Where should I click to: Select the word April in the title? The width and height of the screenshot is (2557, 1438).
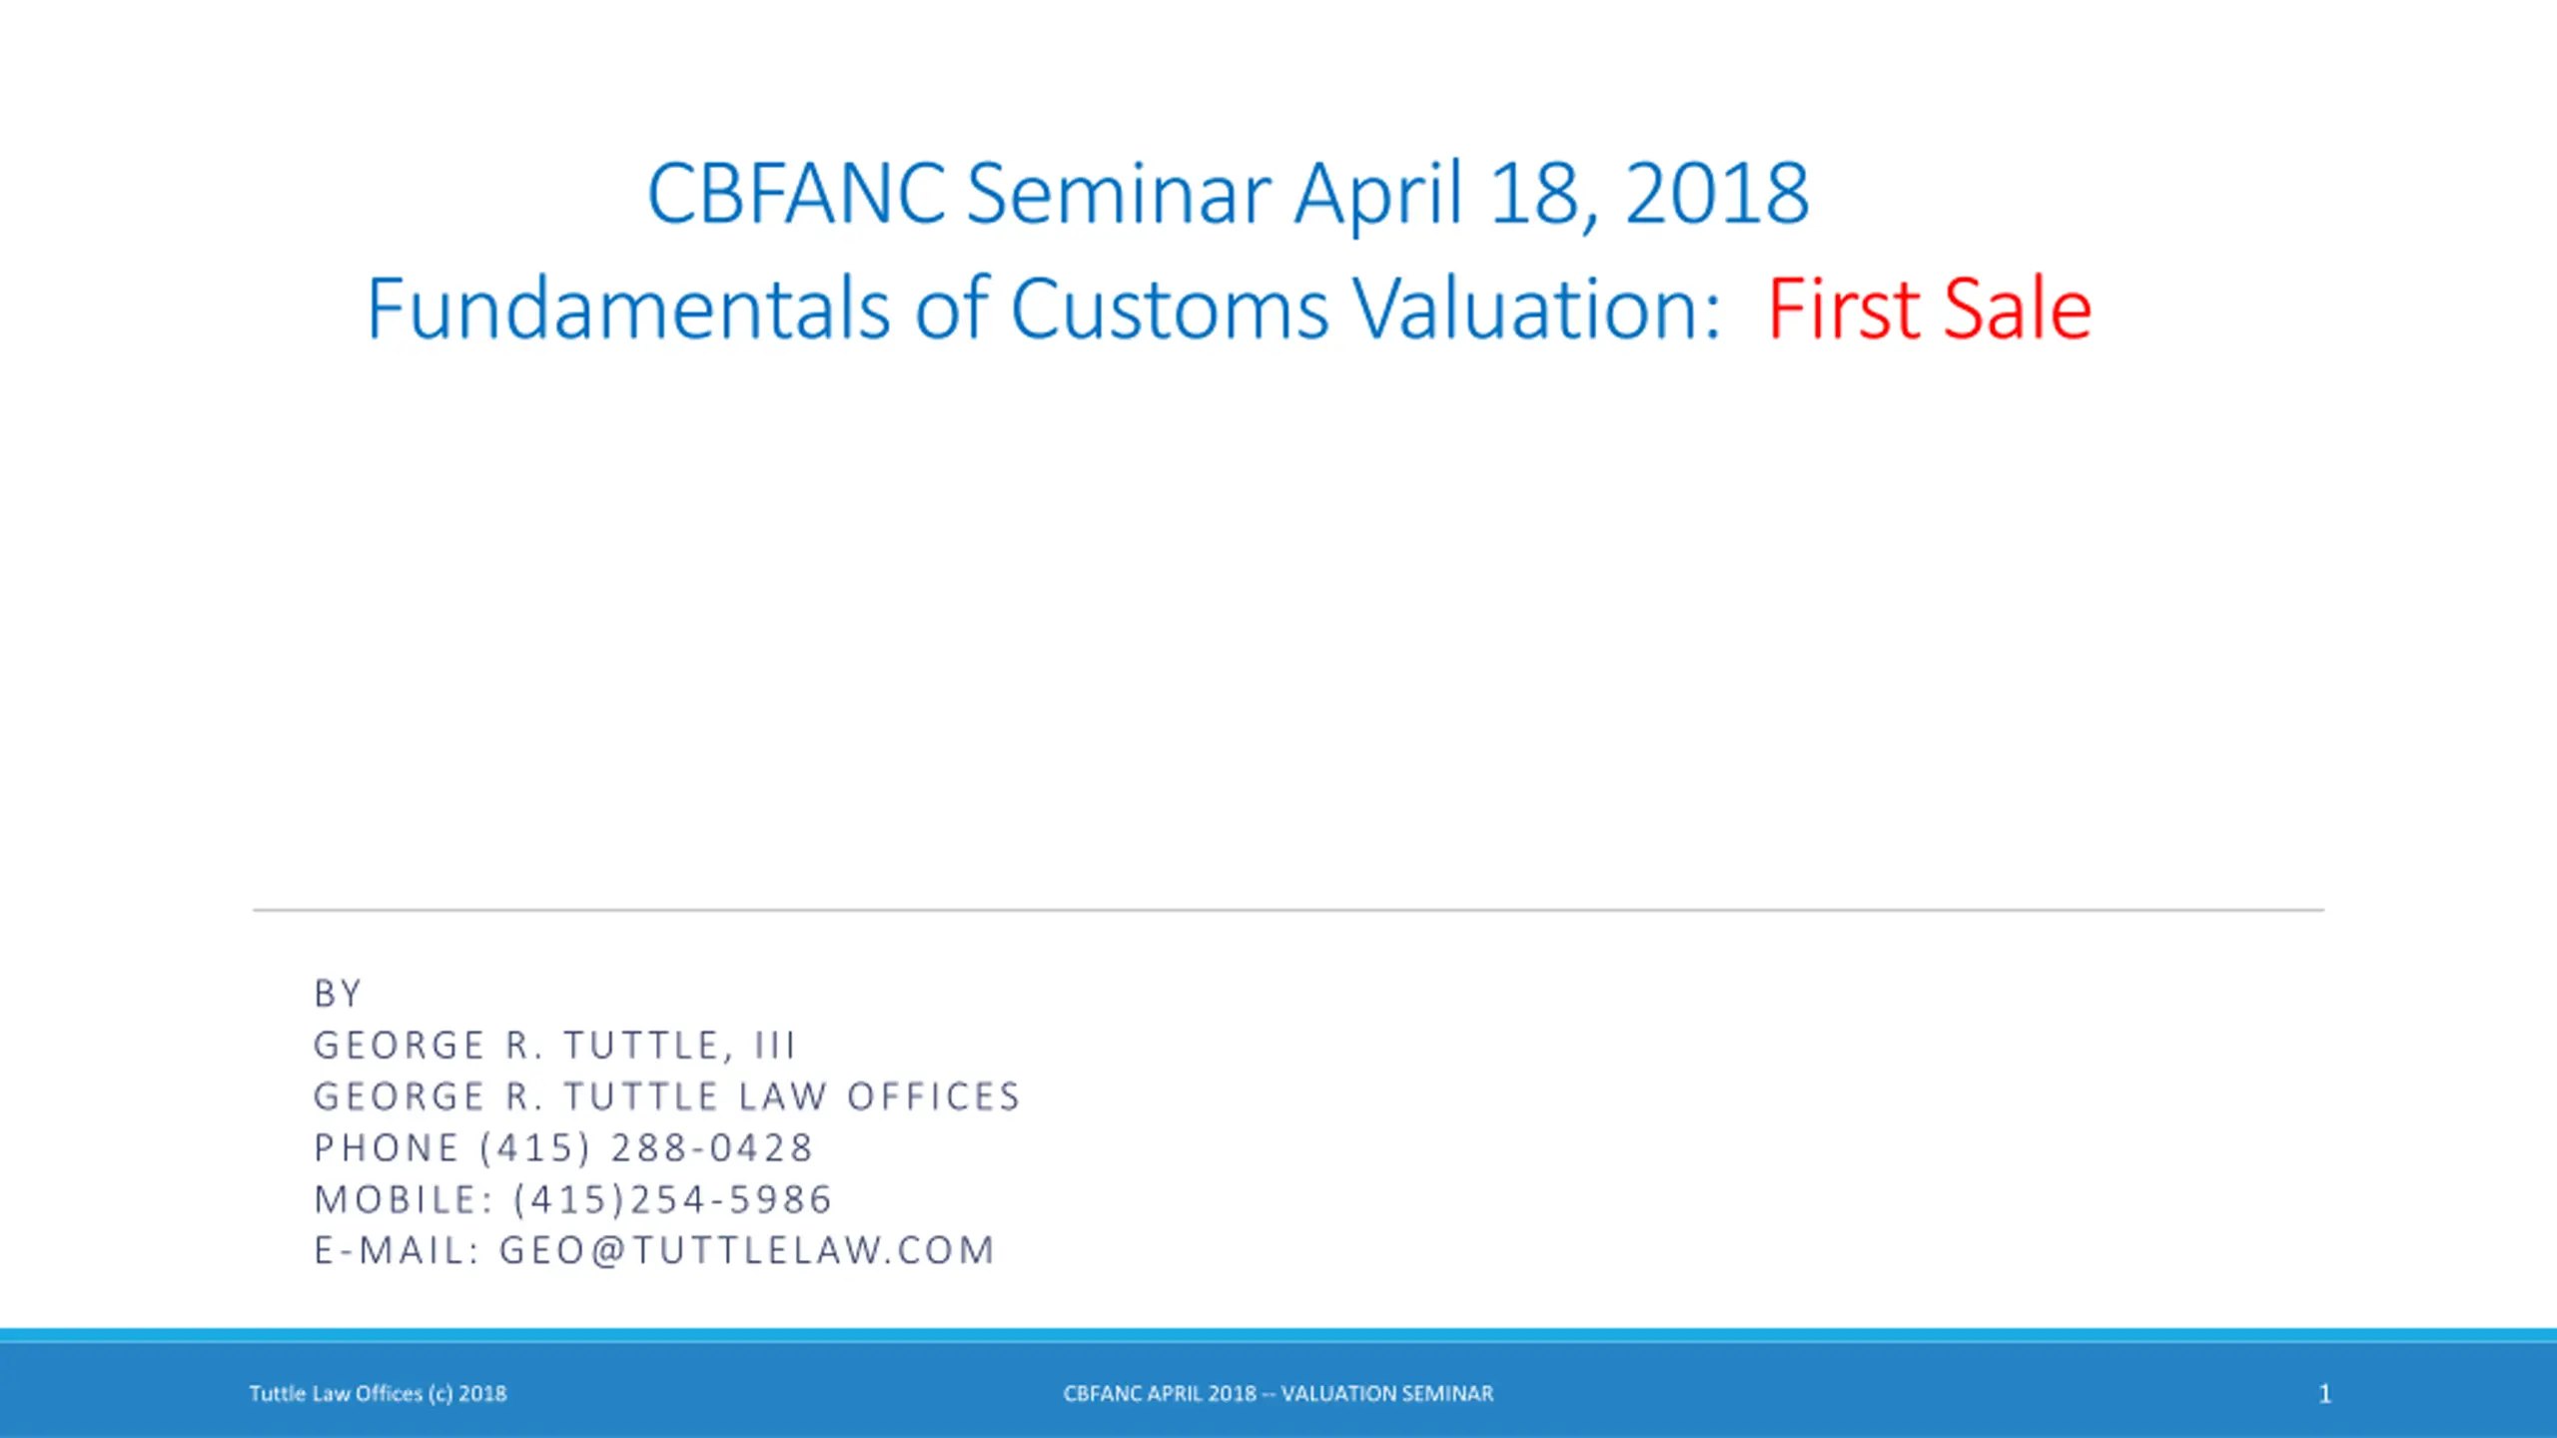tap(1378, 198)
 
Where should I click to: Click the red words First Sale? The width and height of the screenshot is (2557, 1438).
tap(1929, 309)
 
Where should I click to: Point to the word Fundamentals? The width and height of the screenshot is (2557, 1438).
tap(628, 309)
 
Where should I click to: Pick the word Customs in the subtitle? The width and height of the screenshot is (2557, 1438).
tap(1170, 309)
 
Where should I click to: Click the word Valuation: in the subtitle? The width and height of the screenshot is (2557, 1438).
tap(1537, 309)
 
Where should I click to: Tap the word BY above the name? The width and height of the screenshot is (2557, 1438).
tap(337, 994)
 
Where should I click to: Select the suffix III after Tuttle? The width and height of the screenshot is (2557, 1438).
tap(774, 1046)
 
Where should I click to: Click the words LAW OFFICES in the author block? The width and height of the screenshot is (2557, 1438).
tap(879, 1096)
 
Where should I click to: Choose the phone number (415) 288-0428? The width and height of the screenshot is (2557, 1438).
tap(646, 1148)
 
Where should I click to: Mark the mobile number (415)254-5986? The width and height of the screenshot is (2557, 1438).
tap(672, 1200)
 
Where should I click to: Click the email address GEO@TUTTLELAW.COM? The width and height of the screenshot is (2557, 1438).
tap(746, 1251)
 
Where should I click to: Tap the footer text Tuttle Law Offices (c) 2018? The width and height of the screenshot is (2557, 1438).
tap(378, 1394)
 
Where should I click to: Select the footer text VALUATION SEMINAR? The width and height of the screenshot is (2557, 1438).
tap(1387, 1394)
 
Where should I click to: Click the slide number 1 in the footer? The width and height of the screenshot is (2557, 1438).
tap(2324, 1394)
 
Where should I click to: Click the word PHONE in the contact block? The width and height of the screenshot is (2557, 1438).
tap(387, 1148)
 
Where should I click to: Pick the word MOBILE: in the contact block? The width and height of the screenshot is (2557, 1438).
tap(403, 1200)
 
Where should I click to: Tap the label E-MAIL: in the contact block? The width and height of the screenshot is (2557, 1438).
tap(397, 1251)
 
